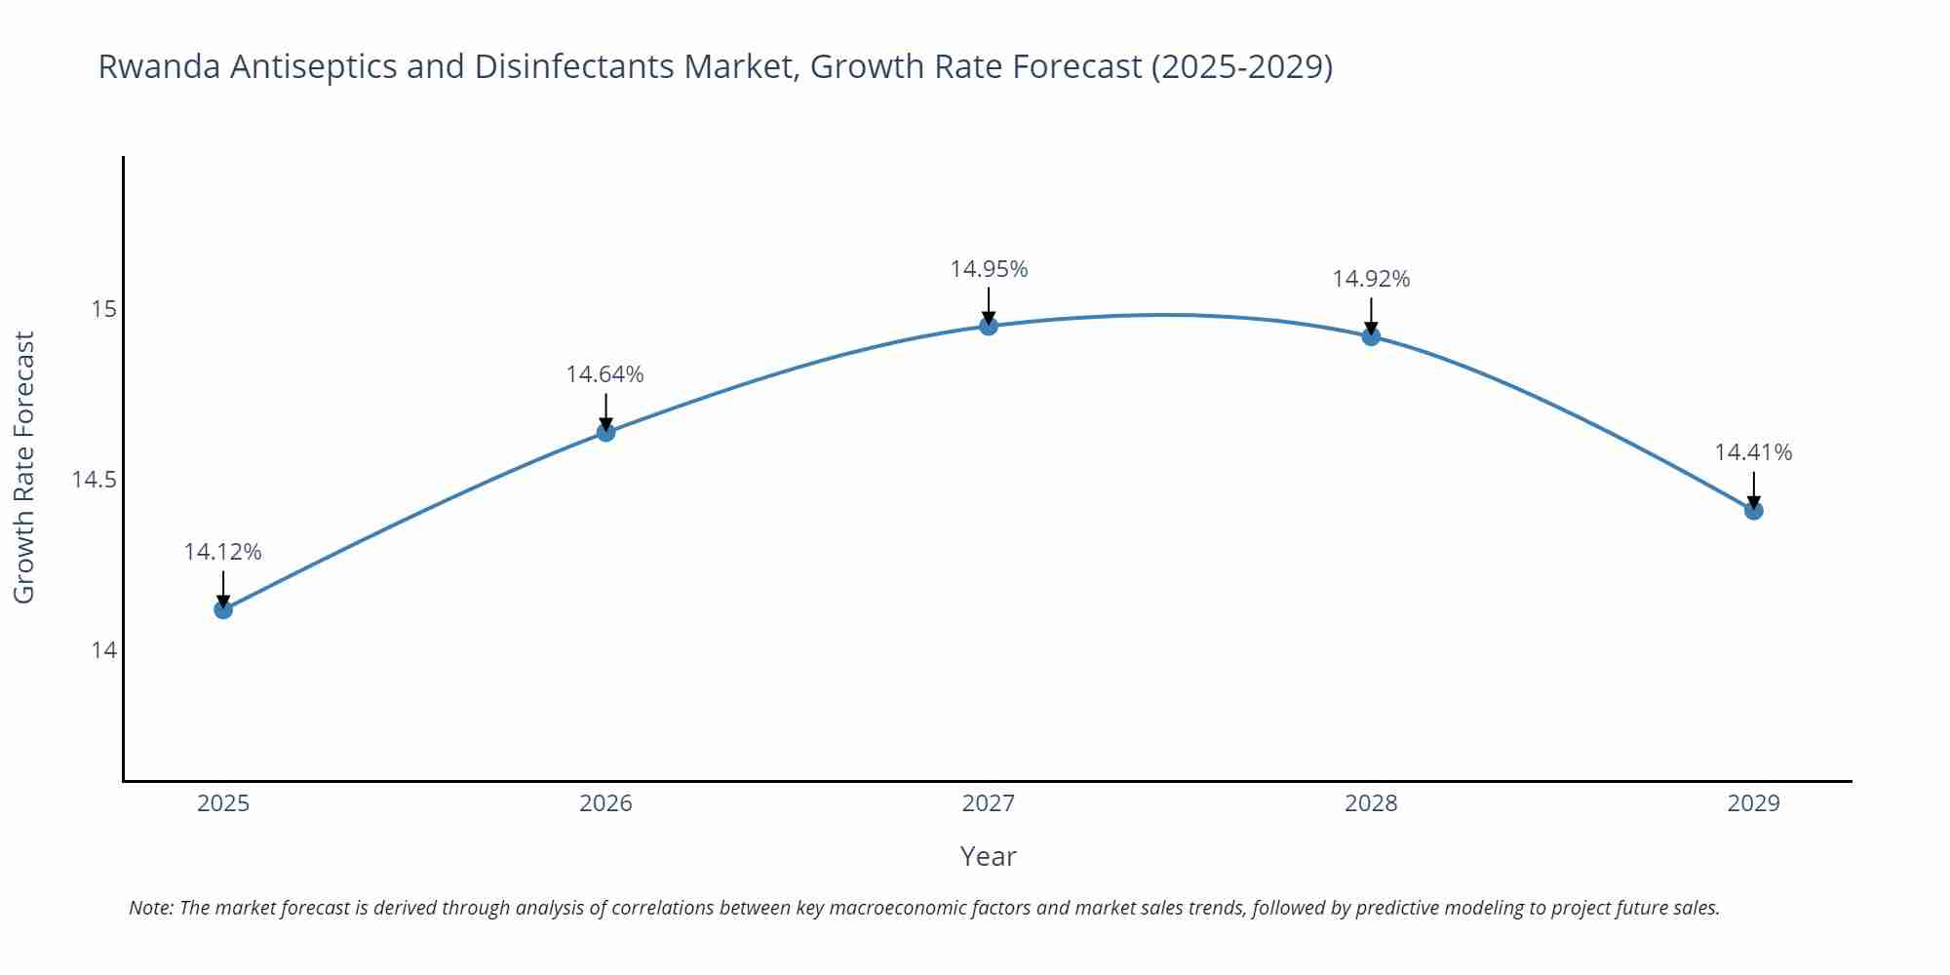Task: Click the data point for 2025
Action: [x=223, y=609]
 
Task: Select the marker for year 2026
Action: [x=605, y=432]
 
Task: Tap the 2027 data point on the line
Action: [x=989, y=326]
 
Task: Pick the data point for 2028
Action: [x=1371, y=336]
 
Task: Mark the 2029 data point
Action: [x=1753, y=510]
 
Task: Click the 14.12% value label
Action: [x=223, y=552]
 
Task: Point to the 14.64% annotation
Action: [x=605, y=374]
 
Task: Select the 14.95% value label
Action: [x=989, y=269]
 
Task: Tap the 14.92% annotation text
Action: [x=1371, y=279]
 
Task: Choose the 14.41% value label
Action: [x=1753, y=452]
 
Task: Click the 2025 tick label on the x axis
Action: [x=223, y=803]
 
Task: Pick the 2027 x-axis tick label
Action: [x=989, y=803]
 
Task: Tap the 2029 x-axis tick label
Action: [x=1753, y=803]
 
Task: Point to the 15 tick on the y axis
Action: [x=103, y=309]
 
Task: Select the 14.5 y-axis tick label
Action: [x=94, y=480]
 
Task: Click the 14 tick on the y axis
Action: [x=103, y=649]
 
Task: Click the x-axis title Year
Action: [x=988, y=856]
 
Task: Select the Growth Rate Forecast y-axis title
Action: [x=24, y=467]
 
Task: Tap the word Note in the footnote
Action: [x=150, y=908]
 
